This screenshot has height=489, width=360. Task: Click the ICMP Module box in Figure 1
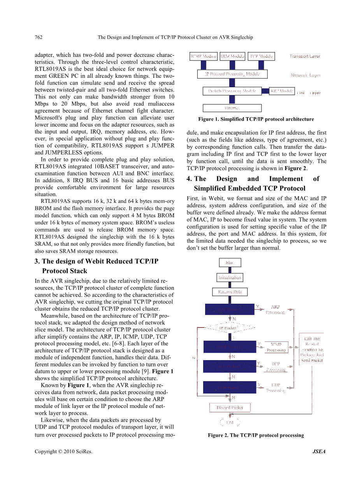[203, 56]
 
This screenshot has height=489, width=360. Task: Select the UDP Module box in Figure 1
[232, 56]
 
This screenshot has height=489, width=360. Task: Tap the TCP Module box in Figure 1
[261, 56]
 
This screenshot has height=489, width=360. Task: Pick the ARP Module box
[282, 91]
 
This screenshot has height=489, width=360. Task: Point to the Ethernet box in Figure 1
[232, 108]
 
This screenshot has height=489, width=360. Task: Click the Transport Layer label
[305, 56]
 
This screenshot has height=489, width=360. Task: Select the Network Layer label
[306, 75]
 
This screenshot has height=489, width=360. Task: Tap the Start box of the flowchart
[230, 263]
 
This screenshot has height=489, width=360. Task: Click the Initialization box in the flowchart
[230, 278]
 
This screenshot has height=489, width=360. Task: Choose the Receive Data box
[230, 292]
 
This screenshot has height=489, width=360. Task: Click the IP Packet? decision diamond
[229, 328]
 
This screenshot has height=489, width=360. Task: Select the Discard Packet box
[230, 408]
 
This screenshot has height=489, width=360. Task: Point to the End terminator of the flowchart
[230, 422]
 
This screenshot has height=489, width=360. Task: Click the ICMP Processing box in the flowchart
[276, 347]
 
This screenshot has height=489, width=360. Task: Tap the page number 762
[39, 37]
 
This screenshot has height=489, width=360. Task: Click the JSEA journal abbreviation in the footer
[319, 452]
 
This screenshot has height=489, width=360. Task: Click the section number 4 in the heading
[189, 179]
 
